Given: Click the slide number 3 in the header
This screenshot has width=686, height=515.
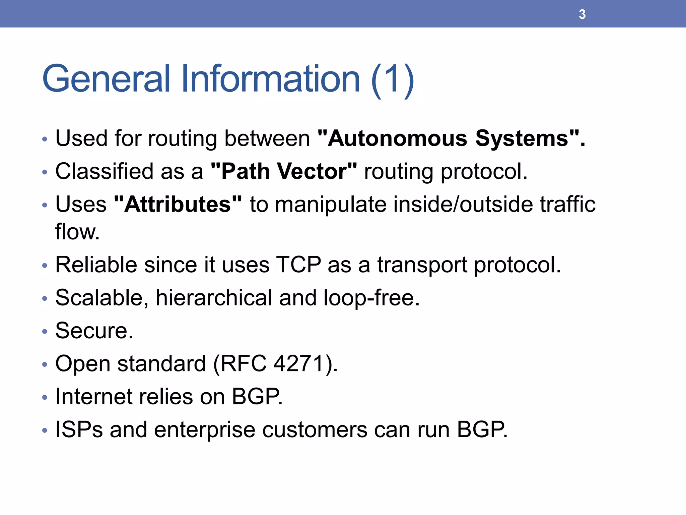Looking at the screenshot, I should point(582,14).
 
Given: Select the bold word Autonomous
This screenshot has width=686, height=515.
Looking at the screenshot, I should point(397,138).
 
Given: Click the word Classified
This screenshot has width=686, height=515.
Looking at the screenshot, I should point(103,171).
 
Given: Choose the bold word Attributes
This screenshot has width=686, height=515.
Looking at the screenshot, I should point(178,204).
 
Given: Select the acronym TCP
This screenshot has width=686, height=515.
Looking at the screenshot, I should point(298,265).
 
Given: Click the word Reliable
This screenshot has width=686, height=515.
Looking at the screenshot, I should point(96,265).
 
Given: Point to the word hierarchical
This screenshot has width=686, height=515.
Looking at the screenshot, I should point(214,298).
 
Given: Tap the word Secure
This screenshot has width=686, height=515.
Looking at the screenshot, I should point(94,331).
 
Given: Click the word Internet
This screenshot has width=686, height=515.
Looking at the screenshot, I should point(94,397).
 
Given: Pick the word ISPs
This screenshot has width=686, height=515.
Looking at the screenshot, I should point(79,430).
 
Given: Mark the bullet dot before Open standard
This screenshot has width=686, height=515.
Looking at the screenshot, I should point(45,364).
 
